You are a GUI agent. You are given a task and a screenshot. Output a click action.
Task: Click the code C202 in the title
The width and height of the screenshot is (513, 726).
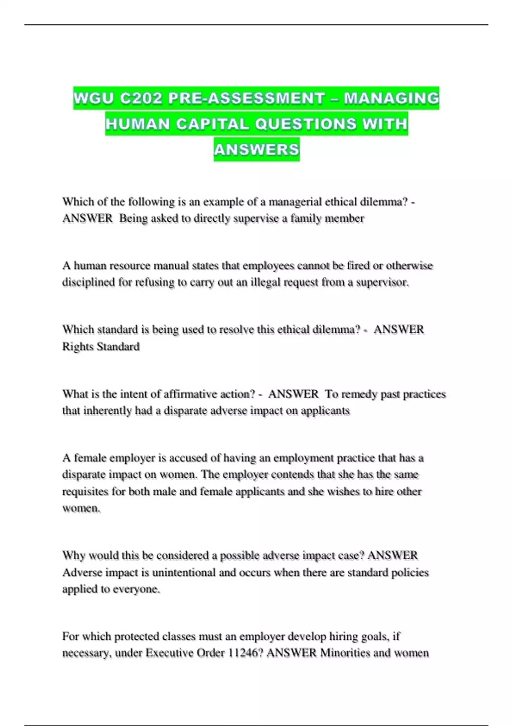141,98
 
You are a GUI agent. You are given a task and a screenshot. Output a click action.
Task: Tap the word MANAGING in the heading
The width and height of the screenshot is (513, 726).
392,98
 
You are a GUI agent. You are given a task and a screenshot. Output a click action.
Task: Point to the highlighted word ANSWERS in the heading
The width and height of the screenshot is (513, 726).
256,149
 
